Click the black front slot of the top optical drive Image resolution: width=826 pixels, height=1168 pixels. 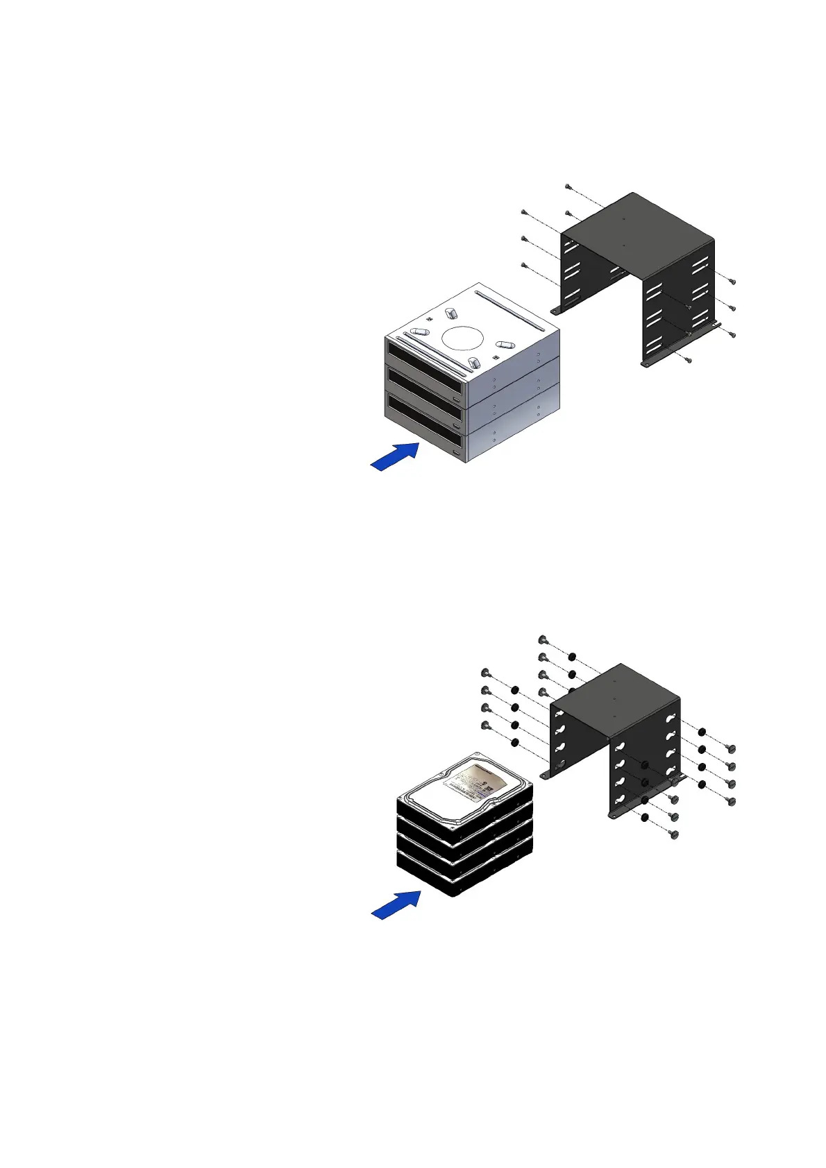click(423, 354)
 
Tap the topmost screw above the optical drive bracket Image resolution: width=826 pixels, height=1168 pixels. click(568, 187)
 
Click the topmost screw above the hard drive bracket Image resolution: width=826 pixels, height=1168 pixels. click(542, 639)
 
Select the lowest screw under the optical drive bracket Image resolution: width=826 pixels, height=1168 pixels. click(686, 359)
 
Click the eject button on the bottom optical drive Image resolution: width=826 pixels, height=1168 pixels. click(456, 452)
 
